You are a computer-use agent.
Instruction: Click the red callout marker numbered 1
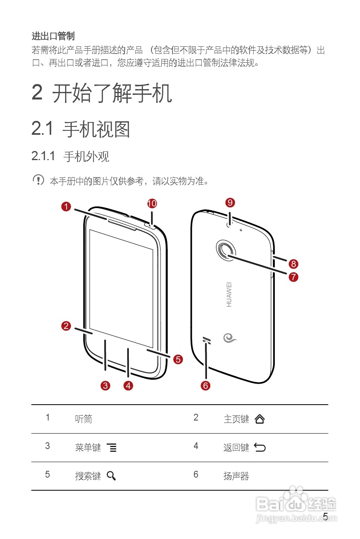coord(66,206)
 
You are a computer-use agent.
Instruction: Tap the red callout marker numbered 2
coord(66,326)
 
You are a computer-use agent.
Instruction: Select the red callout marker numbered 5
coord(178,359)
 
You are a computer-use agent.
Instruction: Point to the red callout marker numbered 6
coord(205,385)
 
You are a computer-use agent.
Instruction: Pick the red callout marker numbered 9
coord(230,203)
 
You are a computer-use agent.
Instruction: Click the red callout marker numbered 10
coord(152,203)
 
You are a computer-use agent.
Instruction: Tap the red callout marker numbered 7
coord(293,277)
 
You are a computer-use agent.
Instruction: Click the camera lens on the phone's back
coord(226,250)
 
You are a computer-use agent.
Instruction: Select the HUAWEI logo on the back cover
coord(229,294)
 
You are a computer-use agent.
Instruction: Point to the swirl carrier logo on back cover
coord(230,338)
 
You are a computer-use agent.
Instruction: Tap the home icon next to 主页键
coord(260,419)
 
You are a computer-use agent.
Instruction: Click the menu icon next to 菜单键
coord(111,448)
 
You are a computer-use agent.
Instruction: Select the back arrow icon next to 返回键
coord(260,447)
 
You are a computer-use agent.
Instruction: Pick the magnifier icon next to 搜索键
coord(111,476)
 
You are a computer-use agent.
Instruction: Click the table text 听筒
coord(84,419)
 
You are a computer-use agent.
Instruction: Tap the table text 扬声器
coord(236,476)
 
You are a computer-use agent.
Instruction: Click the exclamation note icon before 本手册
coord(38,180)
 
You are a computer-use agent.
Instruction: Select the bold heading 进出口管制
coord(53,36)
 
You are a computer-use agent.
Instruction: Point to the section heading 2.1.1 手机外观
coord(70,157)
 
